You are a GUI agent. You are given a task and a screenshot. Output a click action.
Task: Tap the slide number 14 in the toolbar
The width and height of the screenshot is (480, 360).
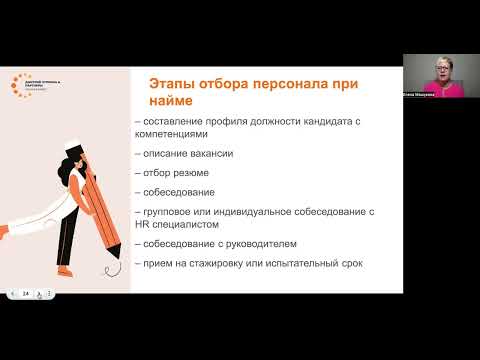coord(25,293)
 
